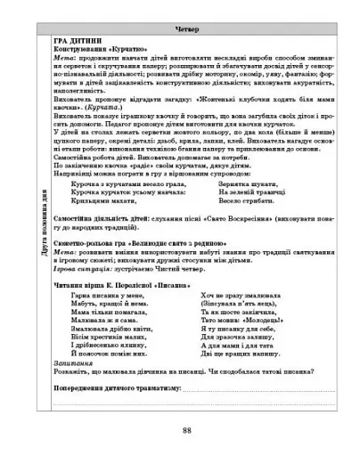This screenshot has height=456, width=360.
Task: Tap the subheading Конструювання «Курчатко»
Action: tap(98, 49)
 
